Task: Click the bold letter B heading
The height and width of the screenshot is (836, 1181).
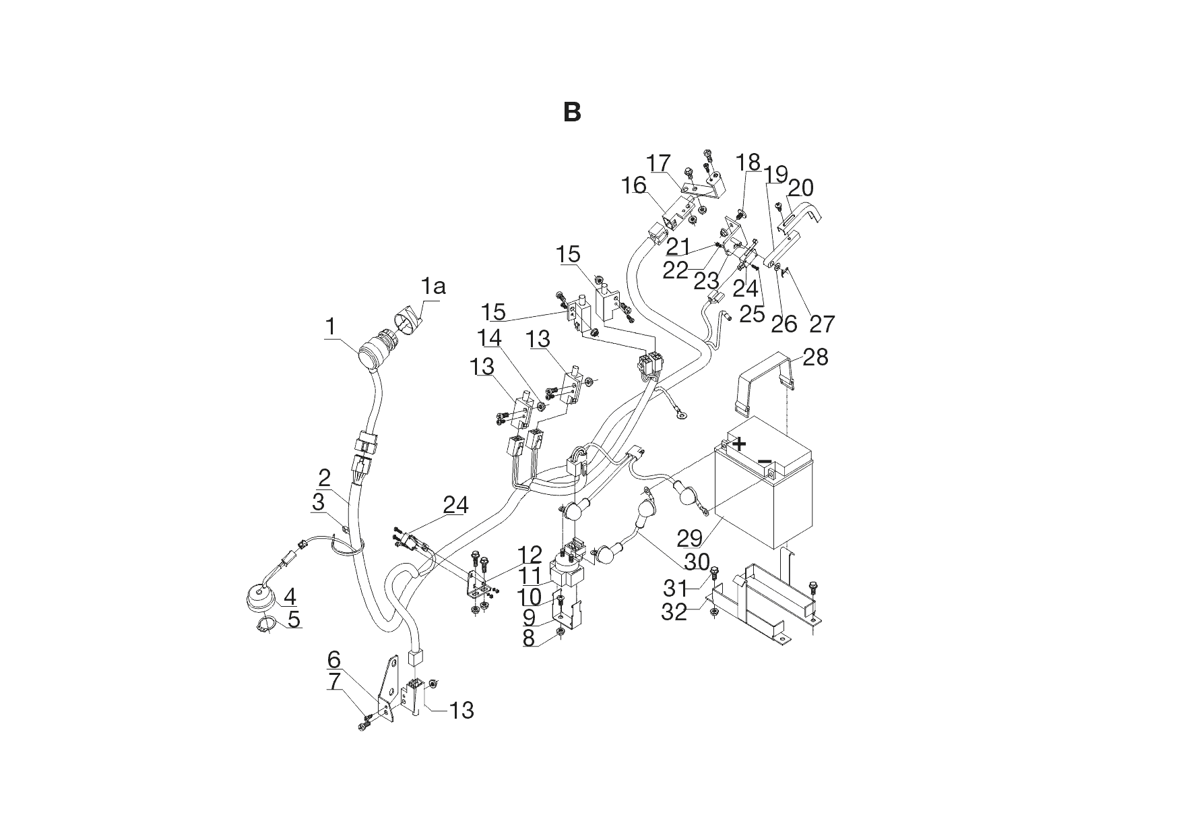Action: (571, 113)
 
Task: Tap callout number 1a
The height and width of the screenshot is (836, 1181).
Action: (433, 287)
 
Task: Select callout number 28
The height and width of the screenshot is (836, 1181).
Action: (815, 357)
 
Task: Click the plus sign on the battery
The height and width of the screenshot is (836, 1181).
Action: (740, 444)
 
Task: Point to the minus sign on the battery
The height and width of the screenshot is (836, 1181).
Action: (765, 462)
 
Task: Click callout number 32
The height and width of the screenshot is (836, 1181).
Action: (674, 611)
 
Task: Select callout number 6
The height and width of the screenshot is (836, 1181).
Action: (334, 659)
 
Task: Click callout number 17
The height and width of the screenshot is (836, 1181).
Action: (659, 162)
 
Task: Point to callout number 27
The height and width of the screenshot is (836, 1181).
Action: (821, 324)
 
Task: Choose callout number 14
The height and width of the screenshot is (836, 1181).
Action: (490, 336)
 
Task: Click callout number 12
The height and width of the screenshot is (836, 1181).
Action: (530, 554)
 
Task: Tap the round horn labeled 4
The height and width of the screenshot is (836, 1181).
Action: (261, 597)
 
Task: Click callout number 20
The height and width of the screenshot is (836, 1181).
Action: (800, 188)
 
